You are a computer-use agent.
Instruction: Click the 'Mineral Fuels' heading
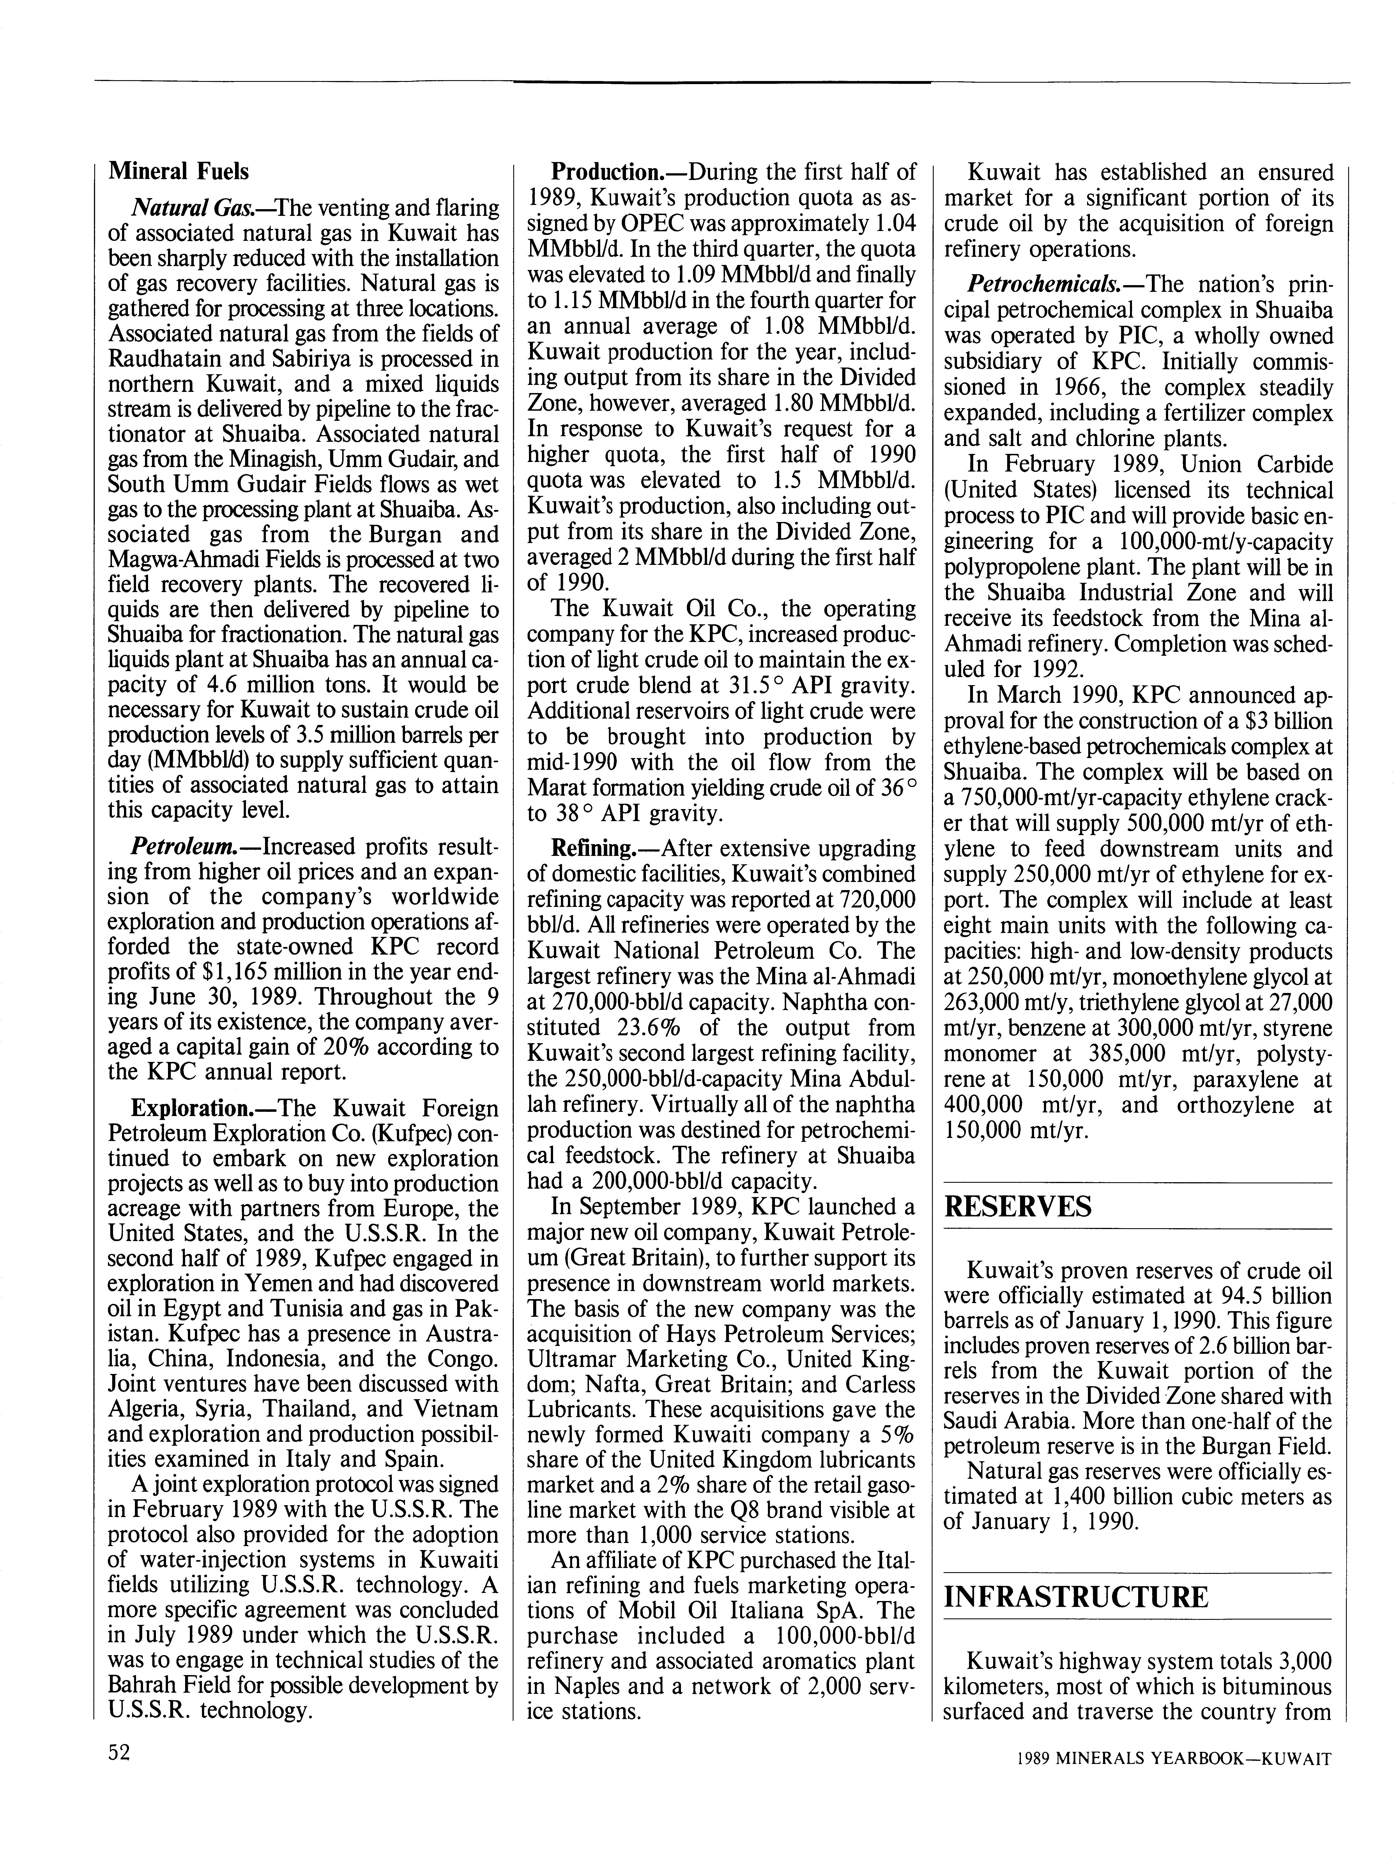point(179,171)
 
